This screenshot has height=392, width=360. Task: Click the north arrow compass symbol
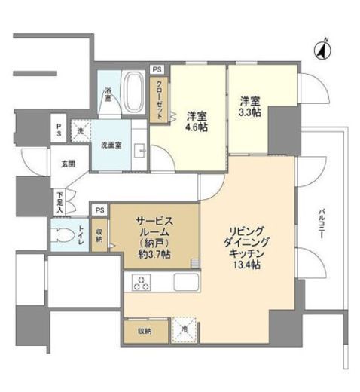click(x=321, y=51)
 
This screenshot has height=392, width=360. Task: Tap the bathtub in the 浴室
click(x=135, y=90)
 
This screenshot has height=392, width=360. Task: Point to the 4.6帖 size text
click(x=197, y=127)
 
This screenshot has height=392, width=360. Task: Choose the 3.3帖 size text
click(x=251, y=109)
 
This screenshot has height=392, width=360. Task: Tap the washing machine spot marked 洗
click(x=81, y=132)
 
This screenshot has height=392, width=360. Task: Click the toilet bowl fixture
click(x=62, y=234)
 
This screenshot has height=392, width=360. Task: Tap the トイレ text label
click(x=81, y=234)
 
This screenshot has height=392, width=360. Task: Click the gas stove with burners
click(x=142, y=283)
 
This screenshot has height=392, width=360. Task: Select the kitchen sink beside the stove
click(x=185, y=283)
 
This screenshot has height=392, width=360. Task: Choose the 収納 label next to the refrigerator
click(x=144, y=331)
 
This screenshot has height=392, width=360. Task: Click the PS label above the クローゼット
click(x=157, y=69)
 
